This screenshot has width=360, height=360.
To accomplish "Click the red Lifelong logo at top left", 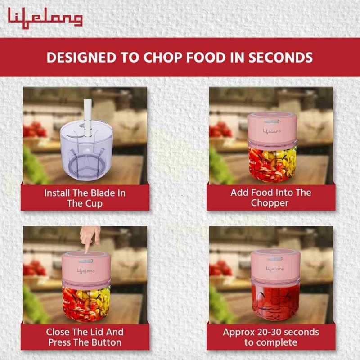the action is coord(45,18).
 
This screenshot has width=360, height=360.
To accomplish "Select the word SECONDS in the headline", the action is coord(280,58).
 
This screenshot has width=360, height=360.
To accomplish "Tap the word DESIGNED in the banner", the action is coord(81,58).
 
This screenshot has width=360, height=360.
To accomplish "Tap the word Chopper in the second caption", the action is coord(270,203).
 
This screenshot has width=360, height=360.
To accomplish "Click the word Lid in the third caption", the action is coord(96,332).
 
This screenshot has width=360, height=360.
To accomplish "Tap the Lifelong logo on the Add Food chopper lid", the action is coord(272,131).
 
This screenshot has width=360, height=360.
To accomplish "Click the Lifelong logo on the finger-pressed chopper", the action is coord(86,271).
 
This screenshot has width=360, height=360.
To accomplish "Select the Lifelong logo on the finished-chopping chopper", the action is coord(275,268).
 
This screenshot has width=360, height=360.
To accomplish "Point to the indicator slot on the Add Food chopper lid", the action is coord(272,121).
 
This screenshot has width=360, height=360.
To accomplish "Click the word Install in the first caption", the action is coord(57,193).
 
